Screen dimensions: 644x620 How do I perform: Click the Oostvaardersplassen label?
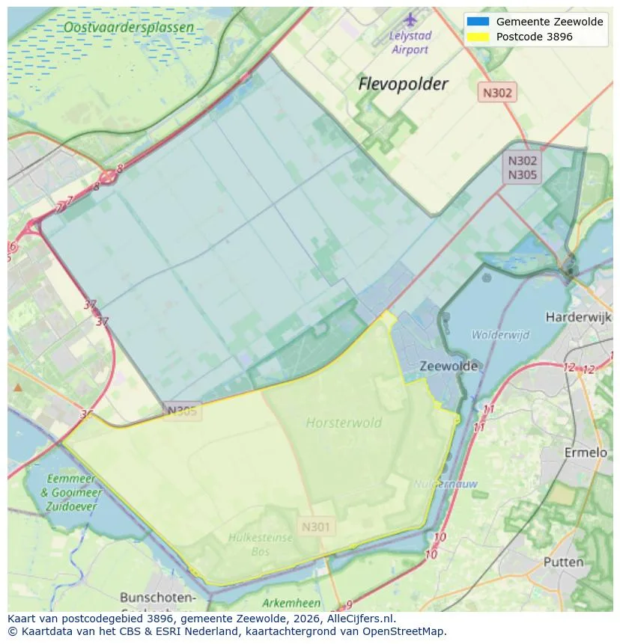click(128, 28)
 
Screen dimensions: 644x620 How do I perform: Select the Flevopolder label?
click(403, 84)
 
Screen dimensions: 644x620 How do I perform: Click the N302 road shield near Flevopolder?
click(497, 93)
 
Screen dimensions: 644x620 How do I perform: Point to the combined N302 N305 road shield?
click(522, 168)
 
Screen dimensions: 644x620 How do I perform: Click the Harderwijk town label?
click(578, 317)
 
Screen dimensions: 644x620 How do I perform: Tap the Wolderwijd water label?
click(500, 334)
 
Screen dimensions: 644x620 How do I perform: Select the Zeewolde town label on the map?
click(449, 367)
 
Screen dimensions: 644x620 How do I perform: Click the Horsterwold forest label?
click(344, 423)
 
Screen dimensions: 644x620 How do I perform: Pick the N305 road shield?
click(182, 411)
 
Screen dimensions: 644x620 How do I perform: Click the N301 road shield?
click(315, 527)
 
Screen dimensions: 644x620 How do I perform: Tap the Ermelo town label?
click(585, 453)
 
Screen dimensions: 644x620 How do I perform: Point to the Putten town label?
click(563, 562)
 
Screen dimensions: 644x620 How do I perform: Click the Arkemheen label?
click(291, 603)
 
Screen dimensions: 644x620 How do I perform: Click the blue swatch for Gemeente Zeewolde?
click(477, 22)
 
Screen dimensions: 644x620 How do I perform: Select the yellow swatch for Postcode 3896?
click(477, 37)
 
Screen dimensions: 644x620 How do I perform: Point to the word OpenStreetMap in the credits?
click(404, 631)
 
